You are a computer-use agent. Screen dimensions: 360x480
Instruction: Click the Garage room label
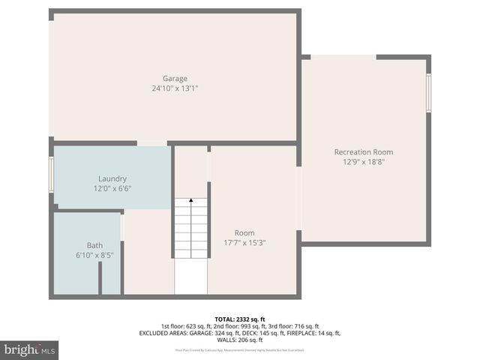click(x=175, y=78)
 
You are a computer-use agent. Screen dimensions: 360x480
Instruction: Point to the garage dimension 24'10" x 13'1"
click(x=175, y=88)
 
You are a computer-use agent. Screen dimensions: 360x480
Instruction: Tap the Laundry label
click(x=112, y=178)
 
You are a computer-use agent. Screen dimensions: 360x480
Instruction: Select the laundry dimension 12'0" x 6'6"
click(x=112, y=188)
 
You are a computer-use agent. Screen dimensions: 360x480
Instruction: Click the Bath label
click(x=94, y=245)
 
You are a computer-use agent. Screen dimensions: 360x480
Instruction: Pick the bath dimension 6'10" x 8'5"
click(x=94, y=255)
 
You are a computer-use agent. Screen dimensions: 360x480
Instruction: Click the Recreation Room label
click(x=363, y=152)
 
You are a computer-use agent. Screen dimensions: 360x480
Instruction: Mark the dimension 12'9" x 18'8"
click(x=363, y=162)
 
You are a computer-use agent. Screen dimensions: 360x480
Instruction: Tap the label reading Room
click(x=244, y=232)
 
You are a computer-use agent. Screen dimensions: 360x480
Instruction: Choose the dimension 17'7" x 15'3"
click(x=244, y=242)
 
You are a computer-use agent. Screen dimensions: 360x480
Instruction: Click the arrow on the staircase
click(x=191, y=201)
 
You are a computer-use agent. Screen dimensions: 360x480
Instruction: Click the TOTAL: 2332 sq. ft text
click(x=239, y=318)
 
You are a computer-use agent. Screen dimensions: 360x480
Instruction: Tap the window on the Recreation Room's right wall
click(x=429, y=92)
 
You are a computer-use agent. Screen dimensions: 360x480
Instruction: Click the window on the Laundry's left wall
click(x=51, y=175)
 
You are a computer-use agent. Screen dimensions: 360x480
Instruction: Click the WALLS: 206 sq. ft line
click(x=239, y=340)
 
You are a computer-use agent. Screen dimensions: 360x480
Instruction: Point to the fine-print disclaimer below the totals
click(x=239, y=349)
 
